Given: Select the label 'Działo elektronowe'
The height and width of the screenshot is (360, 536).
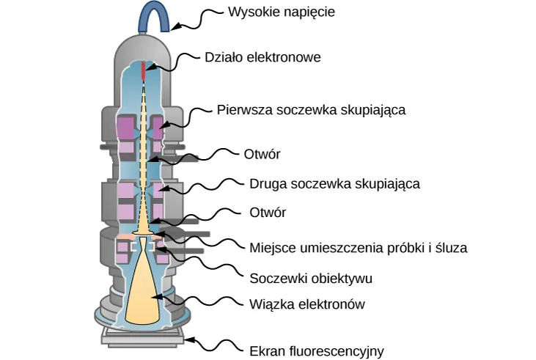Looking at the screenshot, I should [x=263, y=57].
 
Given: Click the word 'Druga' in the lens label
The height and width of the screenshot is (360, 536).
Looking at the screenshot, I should [x=266, y=183].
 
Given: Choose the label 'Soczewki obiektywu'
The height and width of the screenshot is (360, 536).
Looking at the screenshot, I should [x=311, y=278].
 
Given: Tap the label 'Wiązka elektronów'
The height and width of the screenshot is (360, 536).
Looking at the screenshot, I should [x=306, y=304].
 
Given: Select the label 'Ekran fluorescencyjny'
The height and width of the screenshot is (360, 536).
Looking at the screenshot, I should [x=317, y=350].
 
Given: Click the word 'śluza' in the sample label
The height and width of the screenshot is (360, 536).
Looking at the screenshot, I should [x=451, y=247].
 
